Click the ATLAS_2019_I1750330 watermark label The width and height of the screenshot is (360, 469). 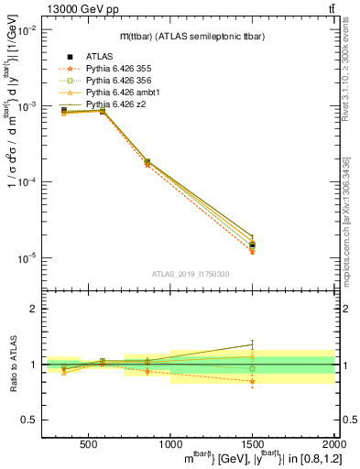click(190, 274)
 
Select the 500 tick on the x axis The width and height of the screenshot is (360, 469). click(89, 446)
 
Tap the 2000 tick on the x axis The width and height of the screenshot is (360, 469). click(332, 446)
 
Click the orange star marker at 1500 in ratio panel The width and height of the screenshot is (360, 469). click(252, 381)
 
